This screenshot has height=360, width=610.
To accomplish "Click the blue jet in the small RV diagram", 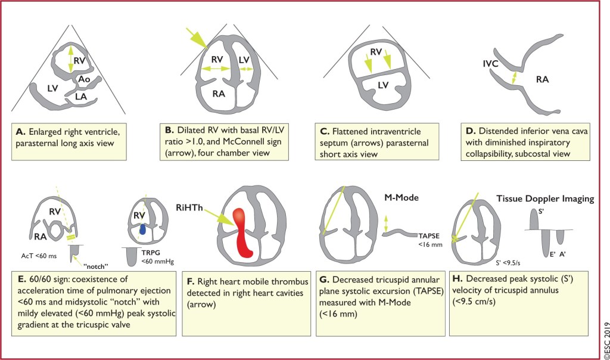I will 143,229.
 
